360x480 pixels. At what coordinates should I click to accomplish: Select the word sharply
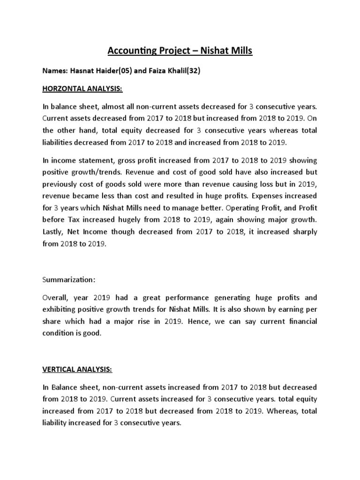tap(303, 232)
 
